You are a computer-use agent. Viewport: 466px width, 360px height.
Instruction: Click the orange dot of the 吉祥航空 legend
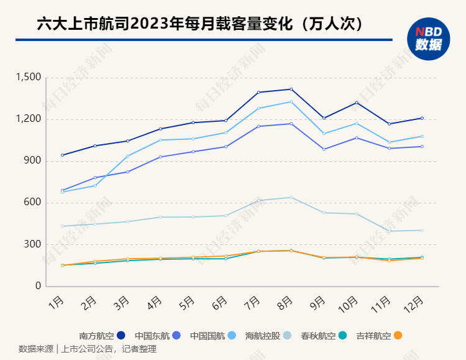click(x=398, y=336)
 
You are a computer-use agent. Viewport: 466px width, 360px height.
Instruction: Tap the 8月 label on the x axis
click(x=285, y=303)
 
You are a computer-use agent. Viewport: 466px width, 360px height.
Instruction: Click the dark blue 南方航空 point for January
click(x=62, y=155)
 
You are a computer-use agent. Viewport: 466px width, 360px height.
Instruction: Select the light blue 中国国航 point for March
click(x=127, y=156)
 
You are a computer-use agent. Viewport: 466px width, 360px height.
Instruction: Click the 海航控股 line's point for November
click(x=389, y=231)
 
